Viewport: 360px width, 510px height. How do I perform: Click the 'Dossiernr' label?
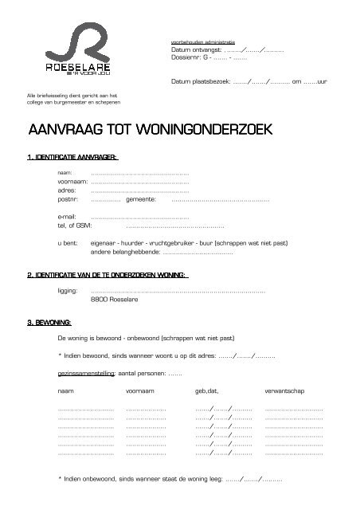click(186, 57)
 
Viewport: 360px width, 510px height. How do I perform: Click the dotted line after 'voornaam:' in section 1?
click(140, 182)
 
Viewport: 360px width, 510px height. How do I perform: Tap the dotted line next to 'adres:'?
click(140, 191)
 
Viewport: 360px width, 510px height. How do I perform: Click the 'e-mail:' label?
click(69, 216)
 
